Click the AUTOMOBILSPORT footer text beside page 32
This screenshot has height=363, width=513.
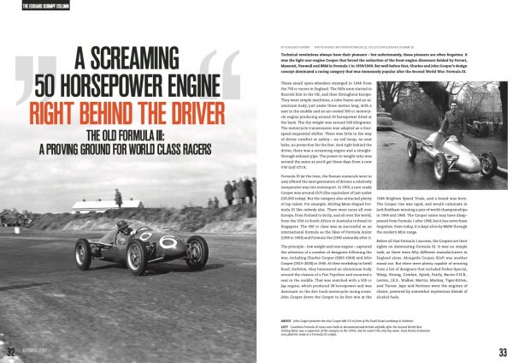38,352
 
